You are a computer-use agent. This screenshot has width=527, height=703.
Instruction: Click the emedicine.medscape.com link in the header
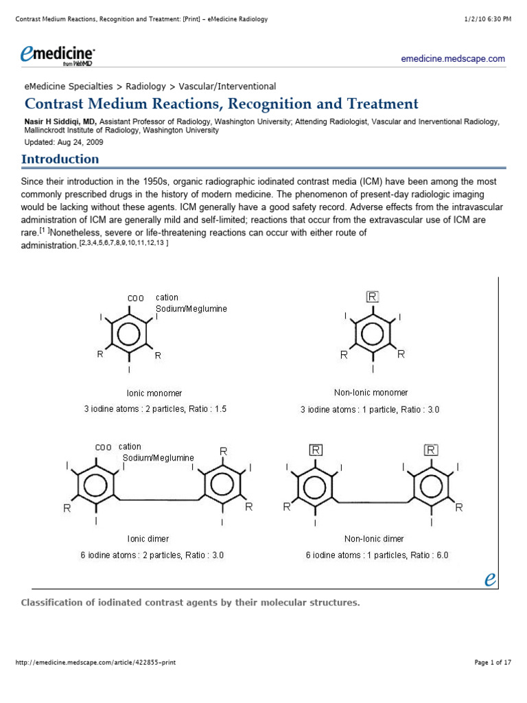point(453,59)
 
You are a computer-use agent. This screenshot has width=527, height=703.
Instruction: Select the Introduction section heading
point(60,159)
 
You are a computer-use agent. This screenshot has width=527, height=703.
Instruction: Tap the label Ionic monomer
point(154,393)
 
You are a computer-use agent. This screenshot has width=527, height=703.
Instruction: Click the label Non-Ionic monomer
point(371,393)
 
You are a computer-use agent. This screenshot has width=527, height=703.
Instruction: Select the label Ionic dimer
point(148,539)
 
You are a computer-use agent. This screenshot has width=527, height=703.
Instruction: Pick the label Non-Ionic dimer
point(374,539)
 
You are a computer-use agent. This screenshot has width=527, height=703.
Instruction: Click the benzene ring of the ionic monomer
point(130,334)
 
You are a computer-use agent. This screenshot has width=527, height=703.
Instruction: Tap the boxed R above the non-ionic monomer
point(373,297)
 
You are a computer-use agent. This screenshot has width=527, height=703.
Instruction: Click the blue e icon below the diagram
point(490,579)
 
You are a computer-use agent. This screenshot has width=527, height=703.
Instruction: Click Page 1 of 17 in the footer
point(493,662)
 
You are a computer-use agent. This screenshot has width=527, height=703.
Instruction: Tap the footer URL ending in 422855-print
point(95,662)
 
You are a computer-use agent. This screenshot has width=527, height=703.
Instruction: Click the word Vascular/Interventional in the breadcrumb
point(227,87)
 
